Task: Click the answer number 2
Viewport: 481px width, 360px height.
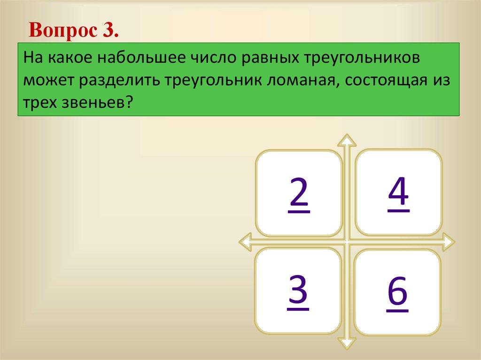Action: [298, 195]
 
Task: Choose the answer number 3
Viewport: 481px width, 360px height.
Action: [298, 291]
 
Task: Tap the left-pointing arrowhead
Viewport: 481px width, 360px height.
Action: [245, 242]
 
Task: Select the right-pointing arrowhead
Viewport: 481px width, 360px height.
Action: [449, 242]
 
